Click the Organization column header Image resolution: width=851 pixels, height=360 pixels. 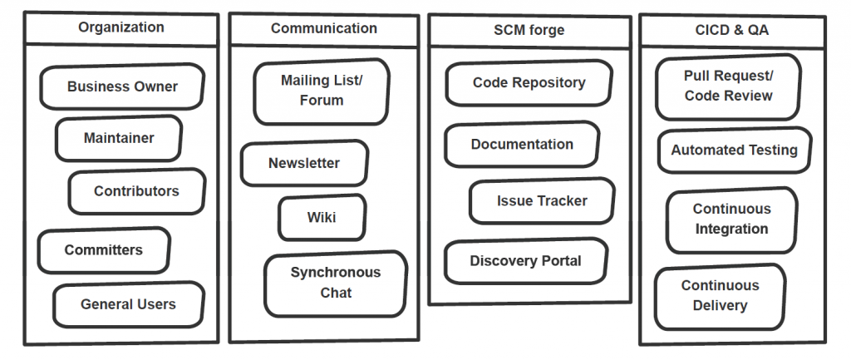[121, 27]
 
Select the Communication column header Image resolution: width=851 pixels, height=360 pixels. [323, 28]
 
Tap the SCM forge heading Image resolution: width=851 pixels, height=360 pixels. [529, 31]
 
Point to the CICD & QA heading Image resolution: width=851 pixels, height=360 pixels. [731, 31]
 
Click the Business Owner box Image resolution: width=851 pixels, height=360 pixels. [122, 86]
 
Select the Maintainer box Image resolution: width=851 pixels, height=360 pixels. [119, 138]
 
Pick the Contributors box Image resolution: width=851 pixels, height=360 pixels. [136, 191]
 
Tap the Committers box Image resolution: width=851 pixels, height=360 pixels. [104, 250]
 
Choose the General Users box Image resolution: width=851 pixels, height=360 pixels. [128, 304]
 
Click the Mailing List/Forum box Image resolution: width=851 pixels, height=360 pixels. [322, 91]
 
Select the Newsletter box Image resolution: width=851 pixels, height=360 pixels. [304, 164]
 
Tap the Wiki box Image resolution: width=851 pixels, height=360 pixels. [322, 217]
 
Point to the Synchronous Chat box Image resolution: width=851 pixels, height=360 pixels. [336, 283]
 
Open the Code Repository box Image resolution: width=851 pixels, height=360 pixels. [529, 83]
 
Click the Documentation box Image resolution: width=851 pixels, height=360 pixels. [522, 145]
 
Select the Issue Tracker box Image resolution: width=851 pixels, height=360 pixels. [542, 201]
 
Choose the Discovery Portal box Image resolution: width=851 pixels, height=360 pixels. [525, 261]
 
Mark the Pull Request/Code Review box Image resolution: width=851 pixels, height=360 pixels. [728, 86]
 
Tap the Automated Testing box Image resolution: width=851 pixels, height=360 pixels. [735, 150]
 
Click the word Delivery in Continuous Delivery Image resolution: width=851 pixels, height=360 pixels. [720, 306]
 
